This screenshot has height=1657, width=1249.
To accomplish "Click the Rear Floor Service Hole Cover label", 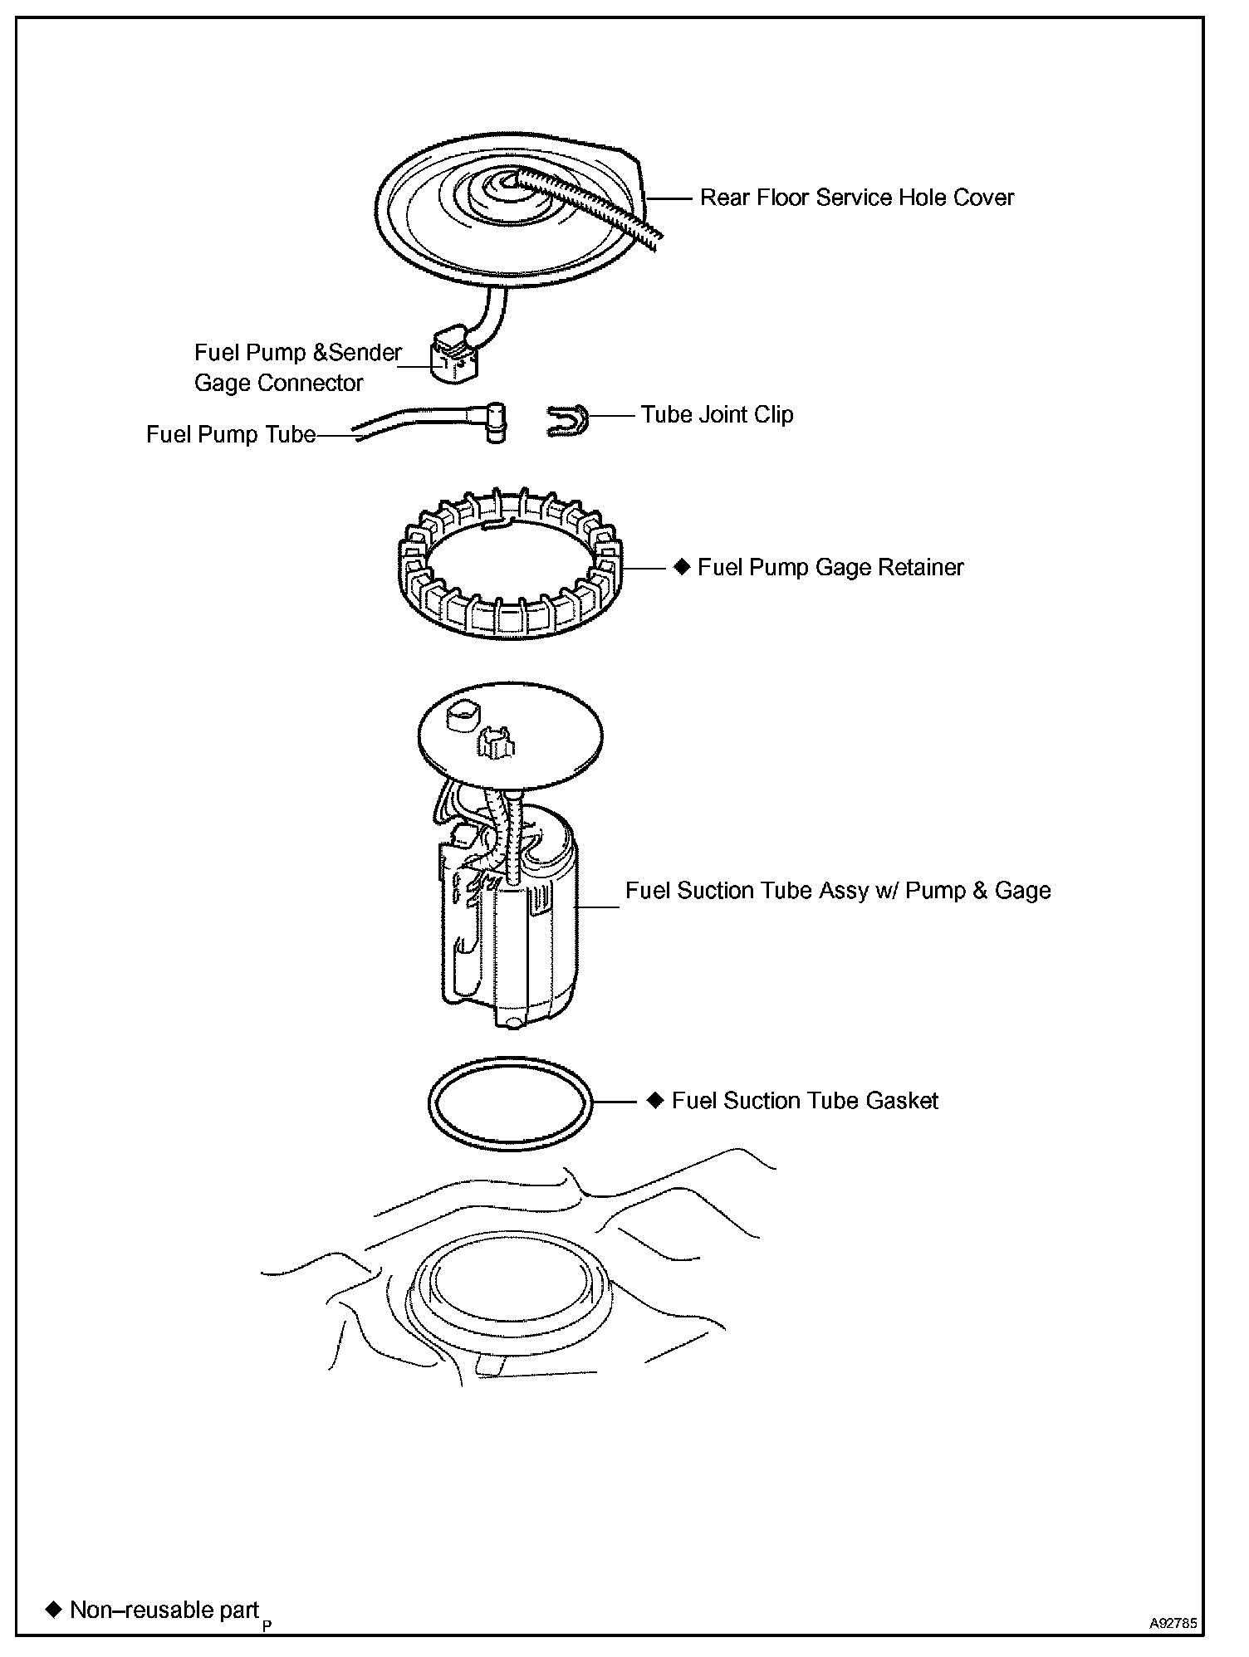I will pos(856,198).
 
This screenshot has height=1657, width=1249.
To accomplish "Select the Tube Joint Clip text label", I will pos(717,414).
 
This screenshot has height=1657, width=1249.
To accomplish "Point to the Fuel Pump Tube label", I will pos(231,434).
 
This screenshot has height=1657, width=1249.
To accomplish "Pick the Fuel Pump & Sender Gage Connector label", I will pos(296,367).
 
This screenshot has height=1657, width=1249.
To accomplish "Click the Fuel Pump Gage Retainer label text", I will pos(830,567).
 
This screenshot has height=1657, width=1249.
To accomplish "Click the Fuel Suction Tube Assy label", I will pos(837,890).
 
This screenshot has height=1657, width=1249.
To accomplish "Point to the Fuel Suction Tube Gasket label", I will pos(804,1101).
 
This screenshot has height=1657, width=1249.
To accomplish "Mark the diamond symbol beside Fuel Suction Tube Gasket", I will pos(656,1100).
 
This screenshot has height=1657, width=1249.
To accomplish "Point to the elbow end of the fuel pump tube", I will pos(496,423).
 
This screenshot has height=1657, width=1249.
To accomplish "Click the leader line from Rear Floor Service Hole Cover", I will pos(669,198).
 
